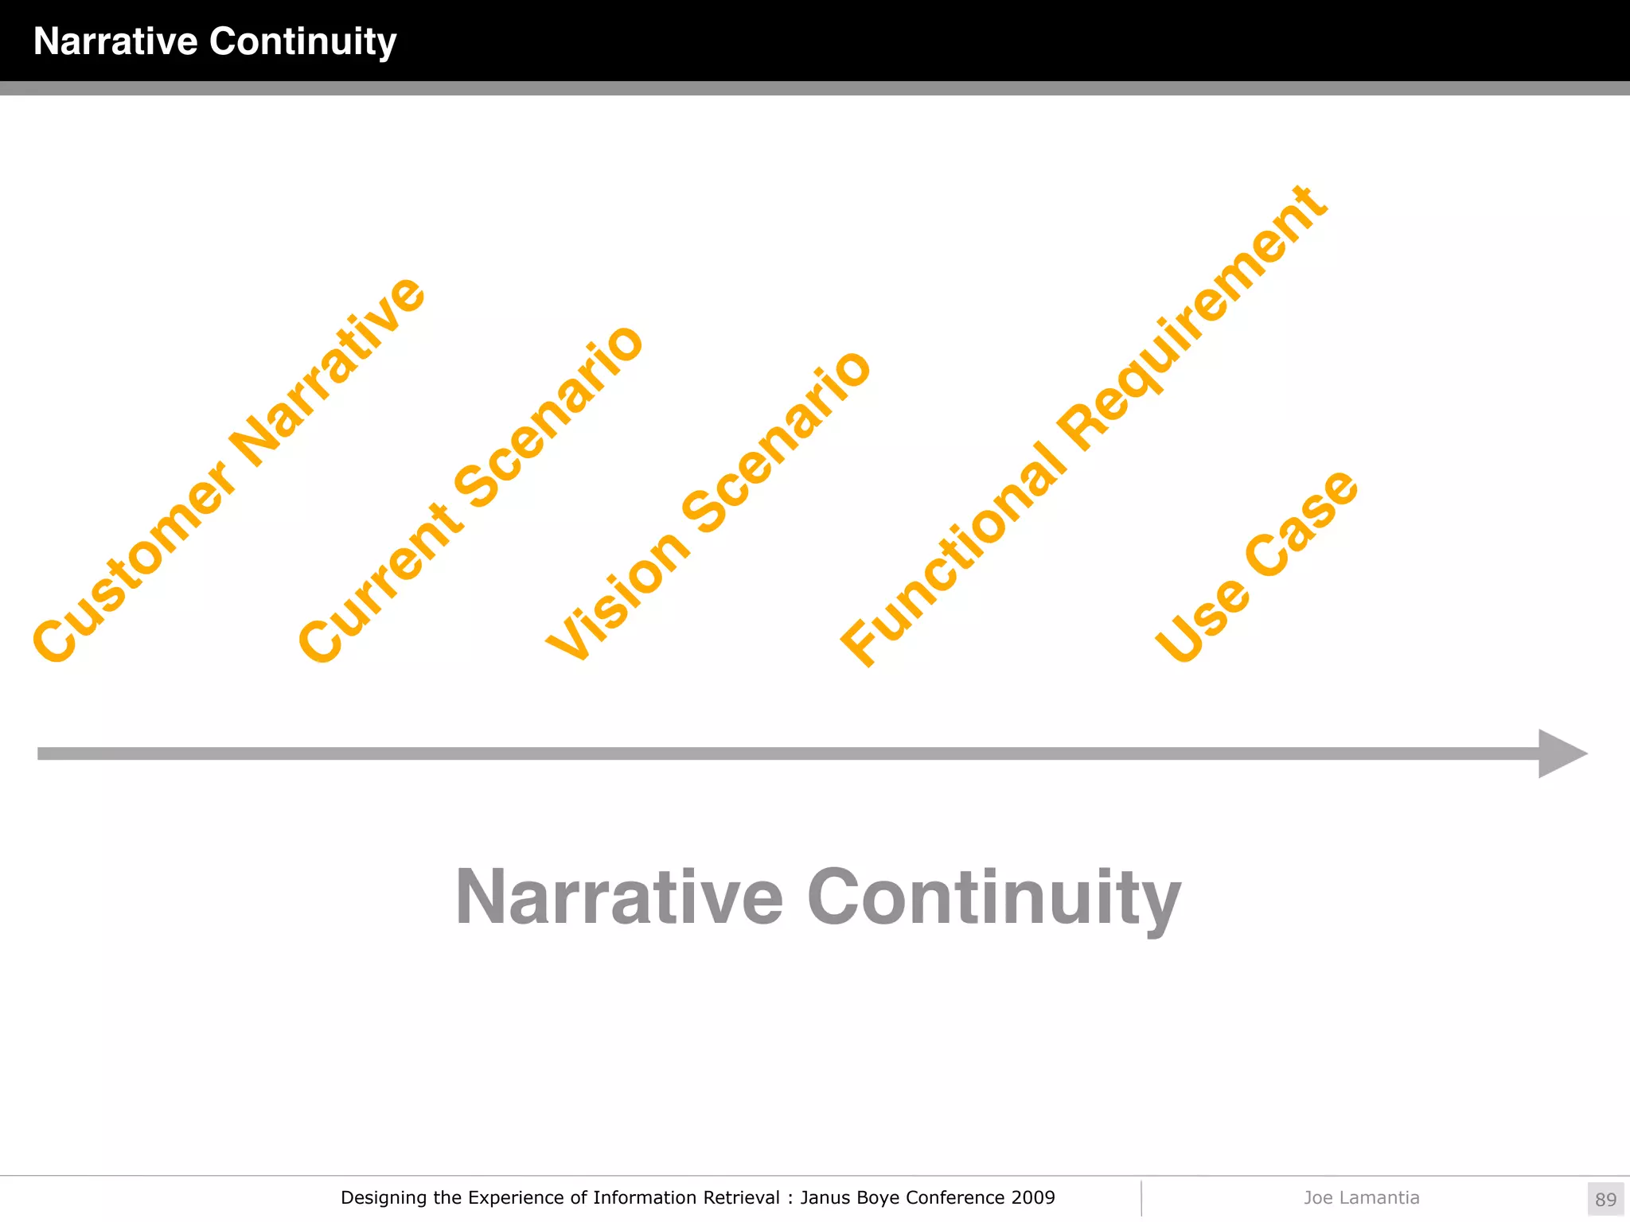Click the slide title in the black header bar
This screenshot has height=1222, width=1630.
pyautogui.click(x=215, y=41)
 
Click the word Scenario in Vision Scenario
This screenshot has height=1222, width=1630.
pyautogui.click(x=777, y=441)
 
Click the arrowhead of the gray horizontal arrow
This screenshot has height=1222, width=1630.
pyautogui.click(x=1561, y=753)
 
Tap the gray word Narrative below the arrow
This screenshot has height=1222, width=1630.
pyautogui.click(x=619, y=897)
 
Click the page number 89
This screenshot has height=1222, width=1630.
pyautogui.click(x=1605, y=1199)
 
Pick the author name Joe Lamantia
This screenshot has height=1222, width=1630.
pyautogui.click(x=1361, y=1197)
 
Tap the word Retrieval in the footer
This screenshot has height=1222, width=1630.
pyautogui.click(x=741, y=1197)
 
